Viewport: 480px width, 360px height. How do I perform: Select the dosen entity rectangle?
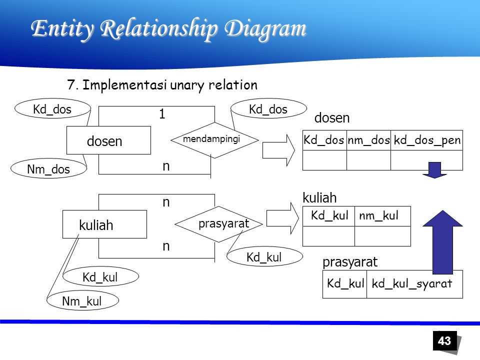click(x=108, y=140)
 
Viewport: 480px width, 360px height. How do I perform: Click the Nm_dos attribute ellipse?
click(x=48, y=170)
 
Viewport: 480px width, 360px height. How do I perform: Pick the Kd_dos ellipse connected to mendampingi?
click(x=268, y=109)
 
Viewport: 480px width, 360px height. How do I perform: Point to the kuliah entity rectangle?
click(x=104, y=224)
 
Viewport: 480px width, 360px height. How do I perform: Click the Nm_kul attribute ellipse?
click(x=82, y=301)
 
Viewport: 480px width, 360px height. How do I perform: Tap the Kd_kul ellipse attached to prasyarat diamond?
click(x=264, y=257)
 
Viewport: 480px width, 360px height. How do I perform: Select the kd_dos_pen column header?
click(x=426, y=141)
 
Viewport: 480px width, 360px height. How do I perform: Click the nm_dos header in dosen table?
click(x=368, y=141)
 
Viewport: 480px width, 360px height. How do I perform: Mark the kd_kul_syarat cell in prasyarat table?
click(x=412, y=284)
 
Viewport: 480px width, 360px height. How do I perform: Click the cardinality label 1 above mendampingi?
click(x=162, y=114)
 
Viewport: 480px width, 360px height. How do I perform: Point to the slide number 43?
click(x=444, y=341)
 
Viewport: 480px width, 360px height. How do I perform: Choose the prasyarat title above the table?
click(x=350, y=262)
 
